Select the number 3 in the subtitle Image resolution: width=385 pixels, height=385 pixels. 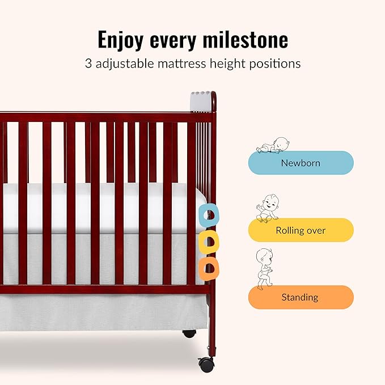point(88,64)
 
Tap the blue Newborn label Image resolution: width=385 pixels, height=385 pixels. point(301,163)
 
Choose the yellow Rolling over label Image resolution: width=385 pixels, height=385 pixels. point(301,230)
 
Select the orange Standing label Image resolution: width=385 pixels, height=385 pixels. point(301,297)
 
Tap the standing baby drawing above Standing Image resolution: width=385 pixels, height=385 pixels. point(265,268)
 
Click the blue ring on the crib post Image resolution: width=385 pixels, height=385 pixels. point(210,214)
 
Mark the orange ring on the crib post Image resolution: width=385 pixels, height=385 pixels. point(209,267)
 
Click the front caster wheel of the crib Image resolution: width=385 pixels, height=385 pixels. point(206,365)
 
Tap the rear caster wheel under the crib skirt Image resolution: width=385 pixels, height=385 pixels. point(189,334)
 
